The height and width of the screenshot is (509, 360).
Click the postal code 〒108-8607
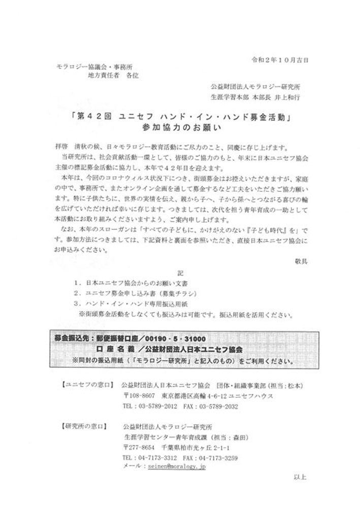[x=139, y=395]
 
